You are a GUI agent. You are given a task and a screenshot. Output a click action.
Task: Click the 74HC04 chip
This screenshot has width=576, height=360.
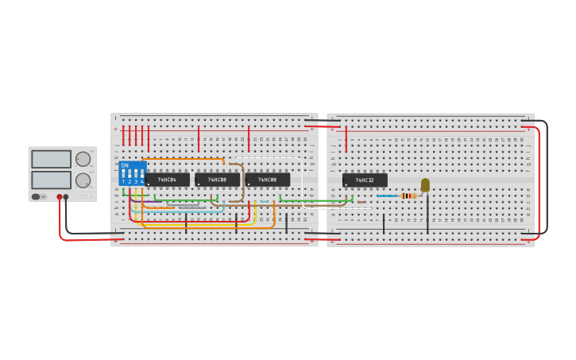pos(167,180)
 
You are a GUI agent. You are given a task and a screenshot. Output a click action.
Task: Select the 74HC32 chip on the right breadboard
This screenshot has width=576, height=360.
pos(365,180)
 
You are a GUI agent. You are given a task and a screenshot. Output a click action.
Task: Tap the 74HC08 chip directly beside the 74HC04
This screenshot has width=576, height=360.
pos(217,180)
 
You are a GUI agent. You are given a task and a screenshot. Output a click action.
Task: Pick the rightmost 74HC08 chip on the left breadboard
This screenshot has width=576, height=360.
pos(267,180)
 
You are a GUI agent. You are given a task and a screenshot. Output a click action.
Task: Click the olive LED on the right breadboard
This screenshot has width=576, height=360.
pos(425,184)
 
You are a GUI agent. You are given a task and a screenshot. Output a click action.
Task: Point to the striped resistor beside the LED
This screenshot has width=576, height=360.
pos(408,195)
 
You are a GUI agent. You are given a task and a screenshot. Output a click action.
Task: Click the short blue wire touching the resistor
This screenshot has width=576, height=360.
pos(386,195)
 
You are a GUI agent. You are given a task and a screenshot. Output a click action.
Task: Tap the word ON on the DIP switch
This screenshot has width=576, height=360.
pos(125,165)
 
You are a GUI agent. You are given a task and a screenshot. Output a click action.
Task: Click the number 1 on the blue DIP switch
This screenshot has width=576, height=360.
pos(123,182)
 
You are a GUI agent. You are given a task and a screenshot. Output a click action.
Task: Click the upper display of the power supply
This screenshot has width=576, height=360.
pos(51,159)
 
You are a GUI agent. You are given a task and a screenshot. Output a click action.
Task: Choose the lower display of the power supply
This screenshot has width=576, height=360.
pos(51,180)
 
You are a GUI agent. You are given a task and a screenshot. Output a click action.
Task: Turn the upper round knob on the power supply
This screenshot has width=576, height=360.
pos(83,159)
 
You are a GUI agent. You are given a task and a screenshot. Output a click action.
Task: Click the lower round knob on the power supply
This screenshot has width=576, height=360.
pos(83,180)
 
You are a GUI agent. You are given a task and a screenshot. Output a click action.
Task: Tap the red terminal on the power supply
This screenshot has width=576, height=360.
pos(59,196)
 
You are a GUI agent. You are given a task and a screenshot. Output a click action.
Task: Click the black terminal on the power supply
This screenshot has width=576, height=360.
pos(66,196)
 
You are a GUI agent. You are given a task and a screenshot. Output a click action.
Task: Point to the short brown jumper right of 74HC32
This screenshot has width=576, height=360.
pos(361,202)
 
